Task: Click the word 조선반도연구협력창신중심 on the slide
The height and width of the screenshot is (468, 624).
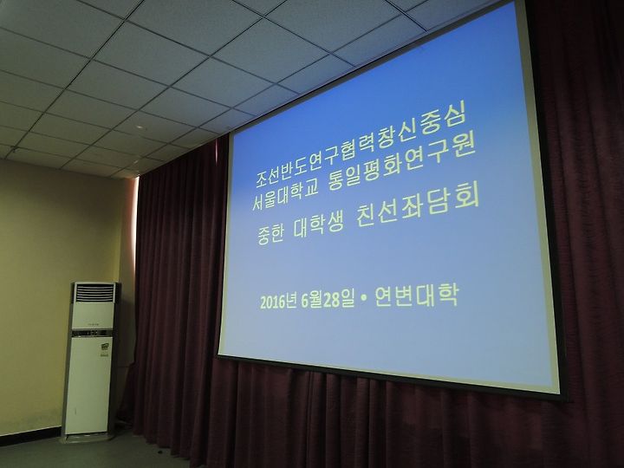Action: [361, 146]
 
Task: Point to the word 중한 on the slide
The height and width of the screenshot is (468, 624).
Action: [270, 232]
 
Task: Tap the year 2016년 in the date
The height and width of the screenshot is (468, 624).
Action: [278, 302]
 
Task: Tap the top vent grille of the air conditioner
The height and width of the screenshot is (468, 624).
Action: [94, 293]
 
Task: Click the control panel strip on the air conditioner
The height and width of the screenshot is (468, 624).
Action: [92, 333]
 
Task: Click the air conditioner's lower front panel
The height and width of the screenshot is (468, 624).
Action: [88, 385]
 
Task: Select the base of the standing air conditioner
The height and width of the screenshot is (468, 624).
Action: [87, 437]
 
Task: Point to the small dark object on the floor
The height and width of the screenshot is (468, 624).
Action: [159, 452]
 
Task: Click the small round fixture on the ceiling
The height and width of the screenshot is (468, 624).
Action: [140, 127]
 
